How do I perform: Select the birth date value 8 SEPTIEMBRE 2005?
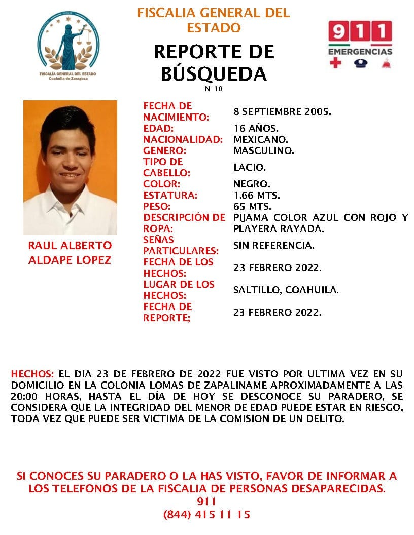(x=282, y=111)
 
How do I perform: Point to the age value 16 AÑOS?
(x=256, y=128)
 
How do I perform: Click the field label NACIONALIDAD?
(x=183, y=139)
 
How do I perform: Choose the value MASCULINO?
(x=264, y=150)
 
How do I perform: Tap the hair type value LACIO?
(x=250, y=167)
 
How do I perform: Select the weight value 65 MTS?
(x=252, y=206)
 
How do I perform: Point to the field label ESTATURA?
(x=170, y=195)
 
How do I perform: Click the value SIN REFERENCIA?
(x=273, y=245)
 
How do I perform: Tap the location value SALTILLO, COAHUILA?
(x=286, y=290)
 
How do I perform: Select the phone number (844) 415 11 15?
(x=206, y=514)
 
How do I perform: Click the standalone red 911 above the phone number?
(x=206, y=502)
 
